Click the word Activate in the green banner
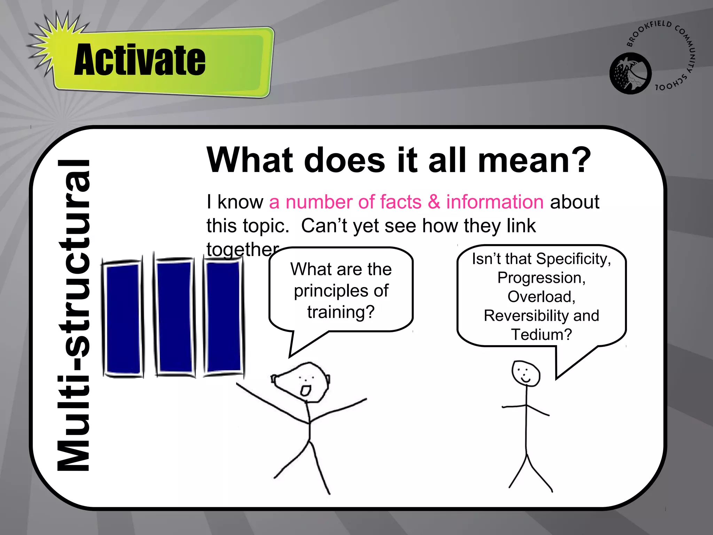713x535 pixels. [x=140, y=60]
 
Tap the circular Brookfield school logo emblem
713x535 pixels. [x=630, y=73]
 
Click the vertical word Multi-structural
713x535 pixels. [x=74, y=315]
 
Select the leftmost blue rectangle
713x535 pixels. [x=124, y=319]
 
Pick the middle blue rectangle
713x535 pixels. [x=174, y=317]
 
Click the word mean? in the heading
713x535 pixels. [x=534, y=160]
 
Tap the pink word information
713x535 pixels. [x=495, y=202]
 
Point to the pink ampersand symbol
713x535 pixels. [x=434, y=202]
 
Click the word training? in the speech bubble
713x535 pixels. [x=341, y=312]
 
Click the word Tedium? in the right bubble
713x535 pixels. [x=541, y=335]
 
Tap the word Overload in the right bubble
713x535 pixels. [x=541, y=297]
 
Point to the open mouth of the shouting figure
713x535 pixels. [x=306, y=390]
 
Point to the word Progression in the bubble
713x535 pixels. [x=541, y=278]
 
